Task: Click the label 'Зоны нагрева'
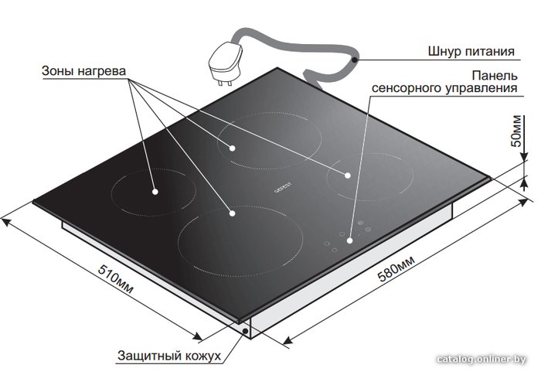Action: pos(83,71)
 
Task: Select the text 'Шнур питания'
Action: pos(471,52)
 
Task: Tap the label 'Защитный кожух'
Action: pos(169,356)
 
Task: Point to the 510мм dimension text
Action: pos(116,279)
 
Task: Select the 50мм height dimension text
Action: pos(516,131)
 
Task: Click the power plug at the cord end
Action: pos(226,63)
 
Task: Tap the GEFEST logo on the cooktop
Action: pos(283,187)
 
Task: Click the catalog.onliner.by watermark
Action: pos(481,359)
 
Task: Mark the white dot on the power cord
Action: pos(354,60)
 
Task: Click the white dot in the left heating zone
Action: pos(155,191)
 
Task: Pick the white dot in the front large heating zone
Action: pos(232,213)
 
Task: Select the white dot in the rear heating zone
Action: pos(232,148)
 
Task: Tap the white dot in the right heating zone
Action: pos(348,176)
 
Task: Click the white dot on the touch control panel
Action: pos(350,240)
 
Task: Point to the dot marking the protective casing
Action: pos(246,331)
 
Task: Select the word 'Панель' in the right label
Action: pos(495,75)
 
